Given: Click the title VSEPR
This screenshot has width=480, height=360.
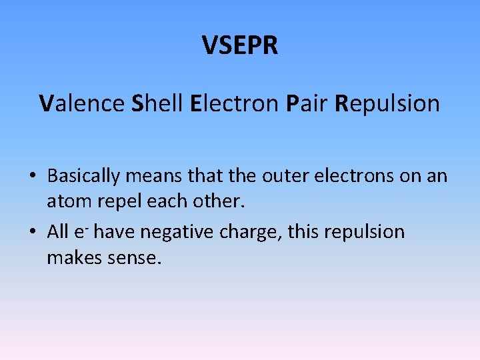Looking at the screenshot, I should pos(240,46).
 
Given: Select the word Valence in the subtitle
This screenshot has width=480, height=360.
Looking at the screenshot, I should pos(81,103).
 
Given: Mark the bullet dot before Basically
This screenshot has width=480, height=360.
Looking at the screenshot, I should pos(32,177).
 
